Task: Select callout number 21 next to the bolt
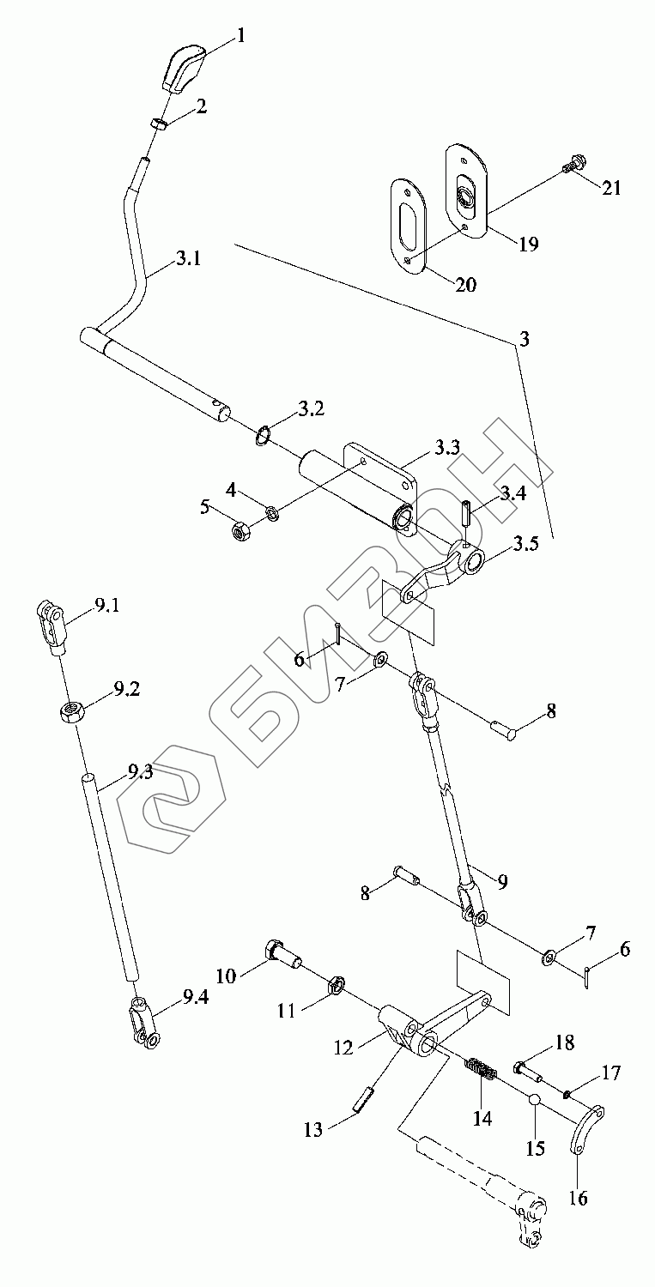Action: (611, 187)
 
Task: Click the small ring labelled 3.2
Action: (263, 435)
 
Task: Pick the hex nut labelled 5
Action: (241, 532)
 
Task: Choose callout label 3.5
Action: (527, 546)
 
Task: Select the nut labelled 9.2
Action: (70, 711)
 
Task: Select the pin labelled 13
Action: (364, 1099)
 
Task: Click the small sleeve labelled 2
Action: (159, 125)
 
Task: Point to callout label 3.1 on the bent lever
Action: (189, 257)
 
